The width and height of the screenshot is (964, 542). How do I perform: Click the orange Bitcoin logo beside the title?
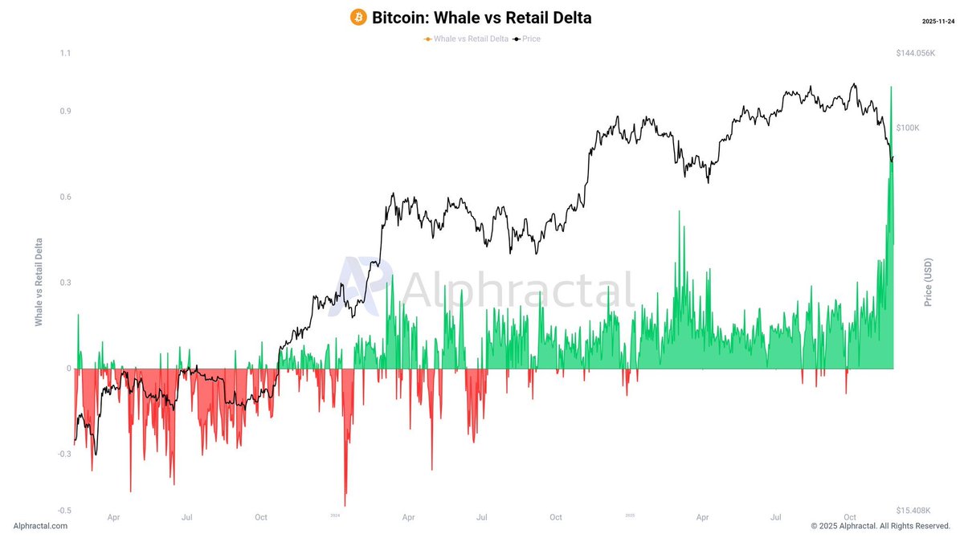pyautogui.click(x=358, y=17)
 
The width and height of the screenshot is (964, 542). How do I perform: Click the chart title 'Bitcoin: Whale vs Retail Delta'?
pyautogui.click(x=481, y=17)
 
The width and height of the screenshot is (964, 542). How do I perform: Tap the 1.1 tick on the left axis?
pyautogui.click(x=65, y=53)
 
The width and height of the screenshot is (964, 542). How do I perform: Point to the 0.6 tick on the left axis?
pyautogui.click(x=65, y=197)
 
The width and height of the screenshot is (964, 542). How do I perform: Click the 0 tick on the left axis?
pyautogui.click(x=68, y=369)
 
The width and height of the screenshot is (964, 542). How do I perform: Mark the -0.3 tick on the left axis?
pyautogui.click(x=63, y=454)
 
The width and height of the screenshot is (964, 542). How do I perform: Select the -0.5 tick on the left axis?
pyautogui.click(x=63, y=511)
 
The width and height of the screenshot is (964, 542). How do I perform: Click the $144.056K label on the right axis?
pyautogui.click(x=916, y=53)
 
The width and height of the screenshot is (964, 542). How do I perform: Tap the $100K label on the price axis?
pyautogui.click(x=908, y=128)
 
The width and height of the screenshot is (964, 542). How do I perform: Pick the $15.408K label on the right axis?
pyautogui.click(x=914, y=511)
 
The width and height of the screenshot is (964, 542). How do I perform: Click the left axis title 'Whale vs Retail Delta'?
pyautogui.click(x=39, y=281)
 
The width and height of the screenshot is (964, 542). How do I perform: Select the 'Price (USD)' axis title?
pyautogui.click(x=928, y=282)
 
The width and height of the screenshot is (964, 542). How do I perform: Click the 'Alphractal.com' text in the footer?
pyautogui.click(x=40, y=526)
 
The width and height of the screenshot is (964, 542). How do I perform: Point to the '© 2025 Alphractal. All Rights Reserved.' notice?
pyautogui.click(x=880, y=526)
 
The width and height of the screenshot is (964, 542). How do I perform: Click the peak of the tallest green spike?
pyautogui.click(x=891, y=87)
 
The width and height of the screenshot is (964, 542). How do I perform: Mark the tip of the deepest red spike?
pyautogui.click(x=345, y=506)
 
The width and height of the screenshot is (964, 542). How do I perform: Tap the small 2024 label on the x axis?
pyautogui.click(x=336, y=516)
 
